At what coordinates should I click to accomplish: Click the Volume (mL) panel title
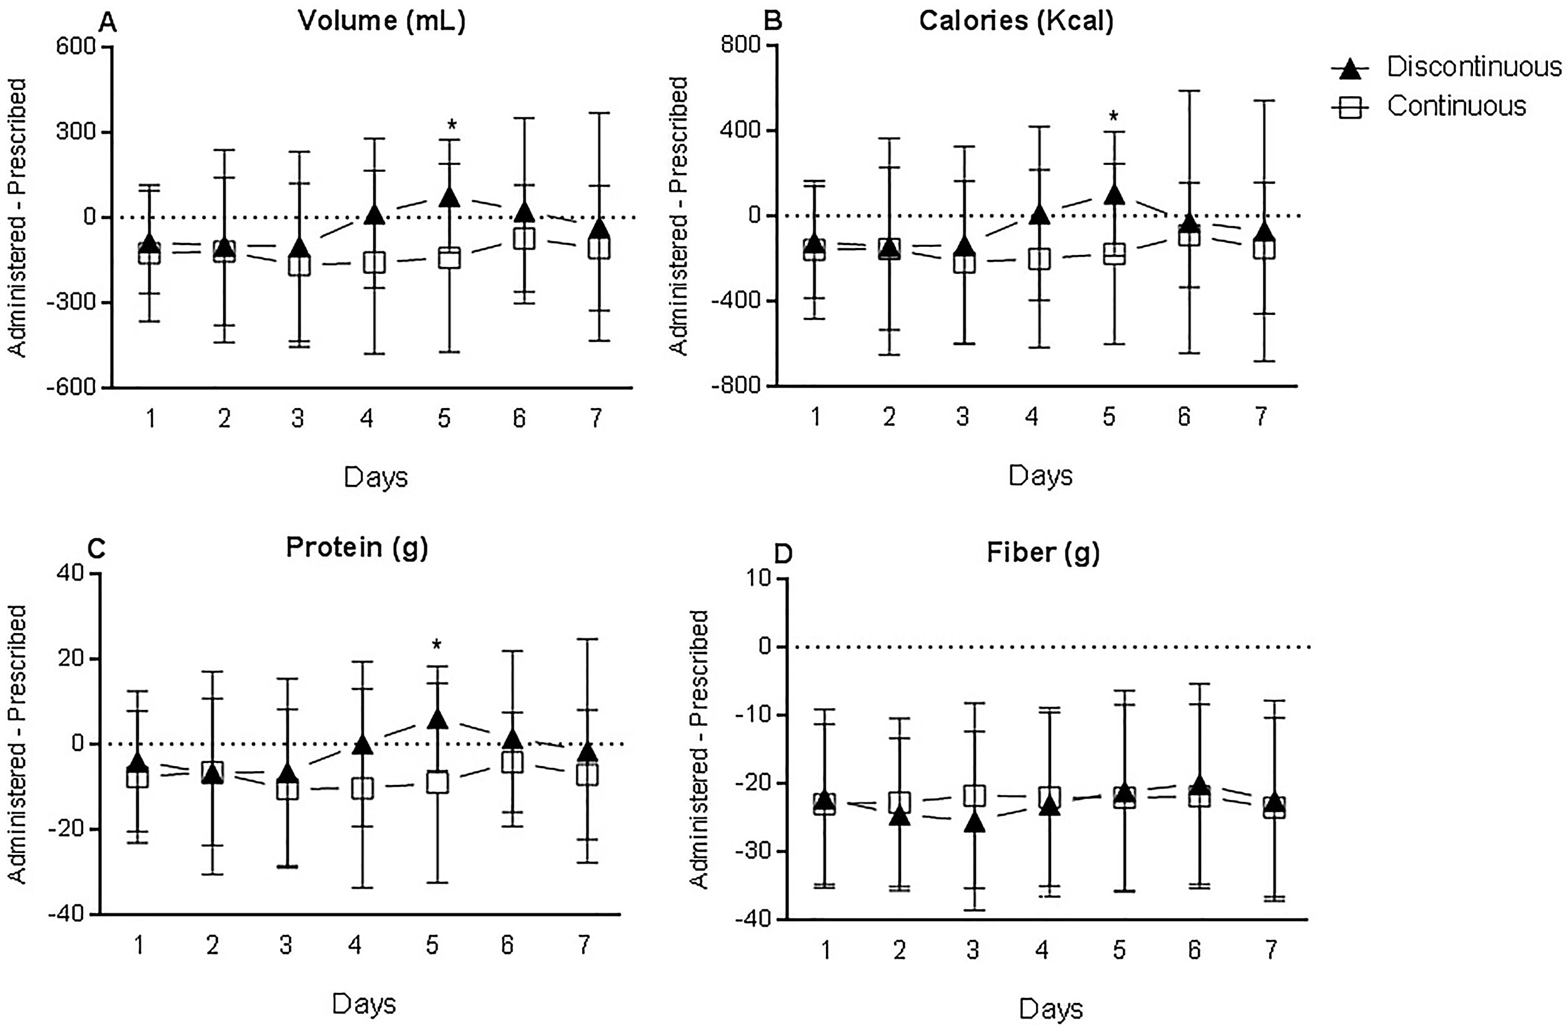coord(381,21)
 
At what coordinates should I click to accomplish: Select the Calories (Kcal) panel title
coord(1016,21)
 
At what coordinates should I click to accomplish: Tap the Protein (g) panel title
coord(356,547)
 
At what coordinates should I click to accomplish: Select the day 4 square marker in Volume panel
coord(375,262)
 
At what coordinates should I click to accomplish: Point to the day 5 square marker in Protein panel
coord(437,782)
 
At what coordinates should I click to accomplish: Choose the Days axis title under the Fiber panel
coord(1051,1009)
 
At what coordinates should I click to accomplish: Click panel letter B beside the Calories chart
coord(772,21)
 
